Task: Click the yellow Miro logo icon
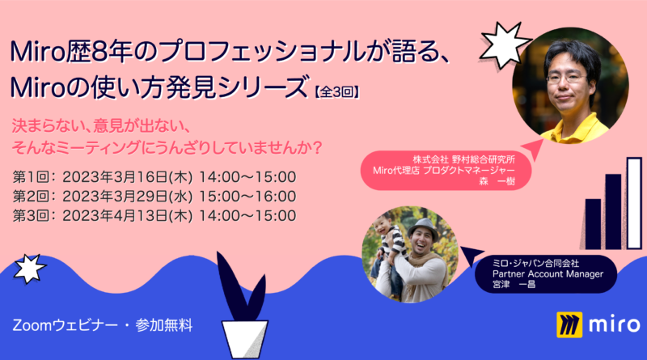(569, 325)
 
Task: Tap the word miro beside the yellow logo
(615, 324)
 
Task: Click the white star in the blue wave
(29, 269)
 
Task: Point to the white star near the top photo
(504, 44)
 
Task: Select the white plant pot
(245, 338)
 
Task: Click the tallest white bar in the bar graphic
(635, 203)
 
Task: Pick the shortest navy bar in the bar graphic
(593, 224)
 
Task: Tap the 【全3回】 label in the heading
(336, 91)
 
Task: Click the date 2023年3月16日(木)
(128, 177)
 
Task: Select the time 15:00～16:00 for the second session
(247, 197)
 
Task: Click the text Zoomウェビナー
(66, 325)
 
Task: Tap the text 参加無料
(164, 325)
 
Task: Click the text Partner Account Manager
(548, 273)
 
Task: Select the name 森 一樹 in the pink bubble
(497, 181)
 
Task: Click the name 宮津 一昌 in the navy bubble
(514, 284)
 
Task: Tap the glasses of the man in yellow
(566, 78)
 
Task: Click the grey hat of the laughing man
(422, 228)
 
